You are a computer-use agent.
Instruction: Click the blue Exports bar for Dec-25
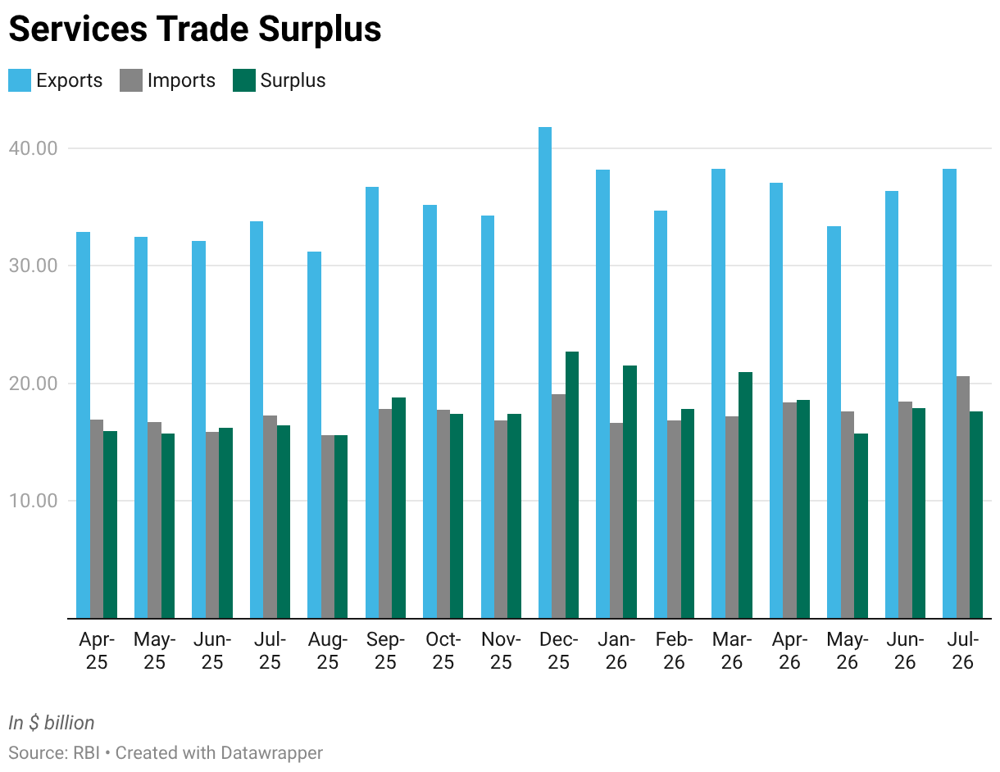(545, 372)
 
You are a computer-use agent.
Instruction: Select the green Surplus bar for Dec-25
(572, 484)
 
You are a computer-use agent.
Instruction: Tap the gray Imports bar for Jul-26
(963, 497)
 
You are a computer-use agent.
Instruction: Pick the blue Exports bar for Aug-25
(314, 435)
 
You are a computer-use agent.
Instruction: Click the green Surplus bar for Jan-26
(630, 492)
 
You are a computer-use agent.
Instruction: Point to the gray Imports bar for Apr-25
(97, 519)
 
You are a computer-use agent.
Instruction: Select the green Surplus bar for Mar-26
(746, 494)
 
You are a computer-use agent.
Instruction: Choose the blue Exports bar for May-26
(834, 422)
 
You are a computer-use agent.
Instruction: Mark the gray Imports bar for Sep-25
(385, 513)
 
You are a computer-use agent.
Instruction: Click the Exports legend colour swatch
(20, 80)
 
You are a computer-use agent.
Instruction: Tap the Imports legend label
(181, 80)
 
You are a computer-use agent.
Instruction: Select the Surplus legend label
(293, 80)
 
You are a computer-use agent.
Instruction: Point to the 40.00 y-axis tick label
(33, 148)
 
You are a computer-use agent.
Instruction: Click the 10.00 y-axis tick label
(33, 501)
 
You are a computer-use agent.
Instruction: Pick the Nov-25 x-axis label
(501, 651)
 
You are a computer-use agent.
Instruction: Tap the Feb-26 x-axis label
(675, 651)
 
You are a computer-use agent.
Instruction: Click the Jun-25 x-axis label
(212, 651)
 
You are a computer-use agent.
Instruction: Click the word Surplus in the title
(320, 30)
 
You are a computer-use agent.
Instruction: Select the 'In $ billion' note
(52, 723)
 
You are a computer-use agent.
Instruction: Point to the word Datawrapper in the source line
(271, 753)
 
